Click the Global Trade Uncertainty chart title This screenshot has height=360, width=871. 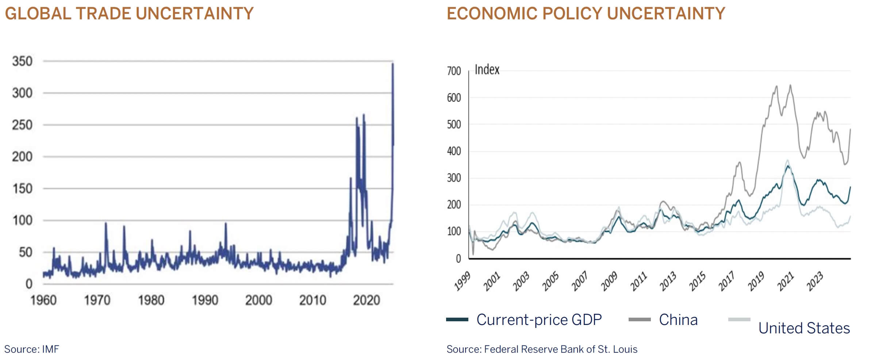[x=129, y=14]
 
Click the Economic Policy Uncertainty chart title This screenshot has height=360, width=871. [x=586, y=14]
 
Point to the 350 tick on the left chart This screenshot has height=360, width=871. [x=22, y=61]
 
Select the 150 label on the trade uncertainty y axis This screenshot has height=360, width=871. [x=22, y=189]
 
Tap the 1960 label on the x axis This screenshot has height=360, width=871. [x=43, y=300]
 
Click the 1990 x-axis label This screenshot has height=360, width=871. [x=205, y=300]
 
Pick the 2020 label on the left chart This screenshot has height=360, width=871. [x=366, y=300]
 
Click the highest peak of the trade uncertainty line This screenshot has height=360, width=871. [x=393, y=64]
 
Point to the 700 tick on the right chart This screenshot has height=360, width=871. [x=454, y=71]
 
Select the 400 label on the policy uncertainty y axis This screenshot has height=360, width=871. [x=454, y=151]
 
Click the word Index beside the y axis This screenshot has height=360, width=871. [x=487, y=70]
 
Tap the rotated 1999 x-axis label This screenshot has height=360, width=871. [x=462, y=282]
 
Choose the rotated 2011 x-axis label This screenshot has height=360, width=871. [x=638, y=282]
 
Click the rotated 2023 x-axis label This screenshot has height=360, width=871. [x=814, y=282]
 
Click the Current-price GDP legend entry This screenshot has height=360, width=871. [x=539, y=320]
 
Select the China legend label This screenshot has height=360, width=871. [x=678, y=320]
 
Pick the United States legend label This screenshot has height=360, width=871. [x=804, y=328]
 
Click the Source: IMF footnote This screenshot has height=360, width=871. [x=32, y=349]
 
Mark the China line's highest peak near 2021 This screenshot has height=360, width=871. [x=790, y=85]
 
